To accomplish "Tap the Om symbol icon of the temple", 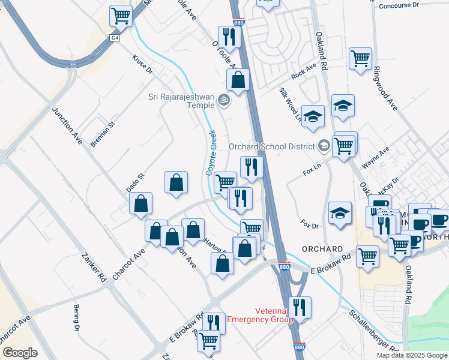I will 224,100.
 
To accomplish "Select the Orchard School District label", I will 271,146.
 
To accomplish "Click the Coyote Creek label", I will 211,152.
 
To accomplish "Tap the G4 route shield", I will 115,37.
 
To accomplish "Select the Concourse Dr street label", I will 399,5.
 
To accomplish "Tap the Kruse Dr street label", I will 142,65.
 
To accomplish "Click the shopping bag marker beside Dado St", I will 140,204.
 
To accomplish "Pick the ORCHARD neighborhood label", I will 322,249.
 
